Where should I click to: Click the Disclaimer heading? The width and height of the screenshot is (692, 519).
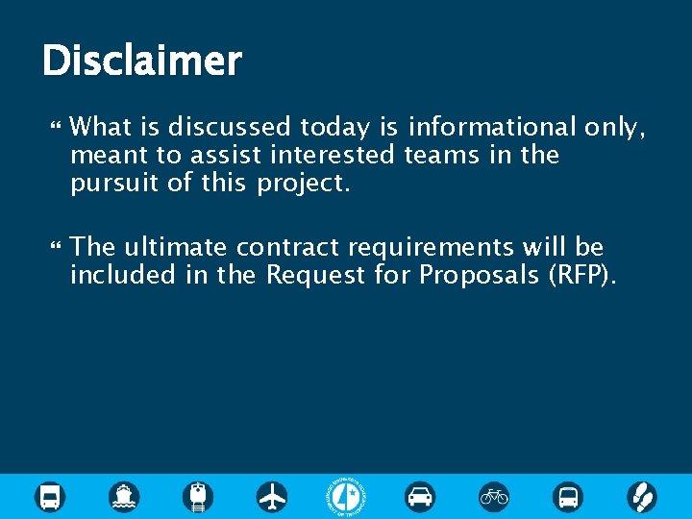pos(141,62)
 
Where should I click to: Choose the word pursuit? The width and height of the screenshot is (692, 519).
pos(115,183)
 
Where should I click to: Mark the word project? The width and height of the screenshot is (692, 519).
pos(304,184)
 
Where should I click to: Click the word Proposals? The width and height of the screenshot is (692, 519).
pos(479,276)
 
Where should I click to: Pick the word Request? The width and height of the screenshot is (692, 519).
pos(314,276)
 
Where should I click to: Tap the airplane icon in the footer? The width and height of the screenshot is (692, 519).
pos(273,496)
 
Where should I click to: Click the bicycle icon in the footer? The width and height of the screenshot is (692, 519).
pos(494,496)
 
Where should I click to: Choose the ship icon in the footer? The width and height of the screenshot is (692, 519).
pos(124,496)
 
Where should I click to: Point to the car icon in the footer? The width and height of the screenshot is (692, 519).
pos(420,496)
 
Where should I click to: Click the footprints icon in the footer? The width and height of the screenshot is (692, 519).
pos(641,496)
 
